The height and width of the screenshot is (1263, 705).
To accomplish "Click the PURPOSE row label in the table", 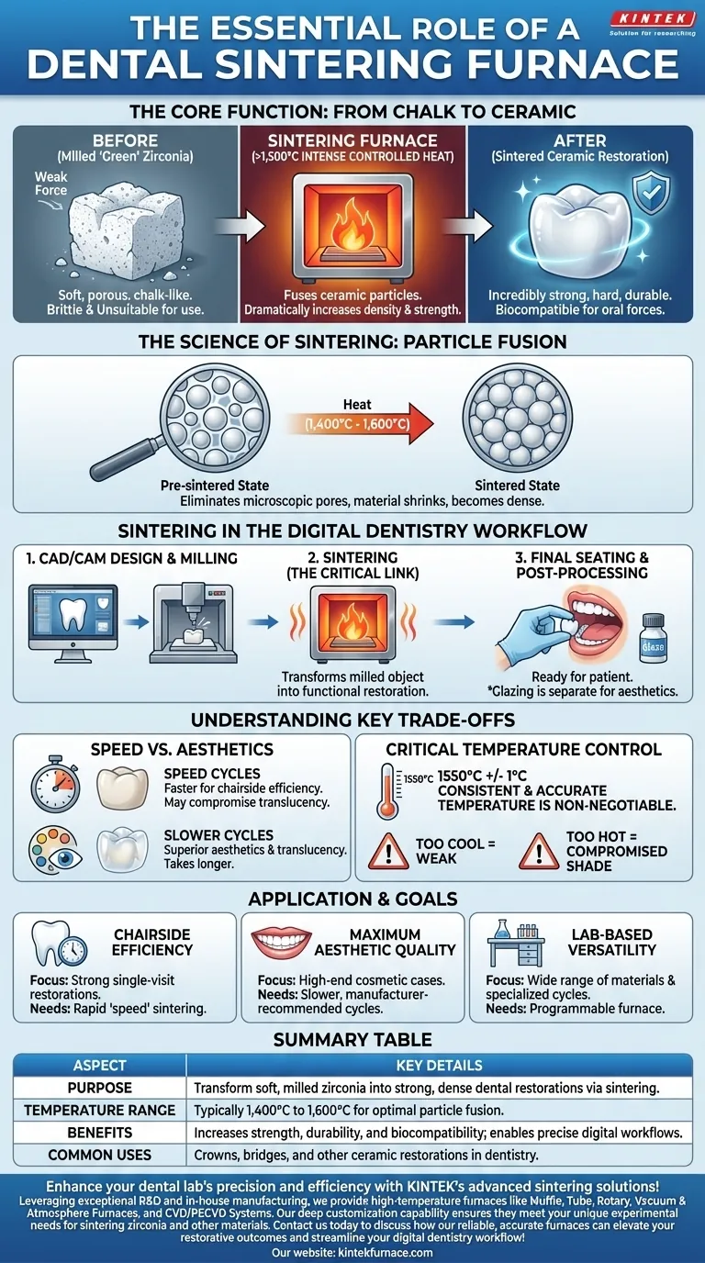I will [x=99, y=1088].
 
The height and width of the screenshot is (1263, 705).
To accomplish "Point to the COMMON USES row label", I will [x=99, y=1154].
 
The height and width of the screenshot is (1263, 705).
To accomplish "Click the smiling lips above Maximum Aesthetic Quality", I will [x=286, y=942].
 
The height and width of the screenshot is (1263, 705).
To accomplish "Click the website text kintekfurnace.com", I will [x=390, y=1252].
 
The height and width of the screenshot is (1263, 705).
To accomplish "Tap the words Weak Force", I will [x=51, y=184].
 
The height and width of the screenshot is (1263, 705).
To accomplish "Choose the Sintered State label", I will [x=518, y=485].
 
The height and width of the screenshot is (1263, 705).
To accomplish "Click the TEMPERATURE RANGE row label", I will [x=99, y=1110].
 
